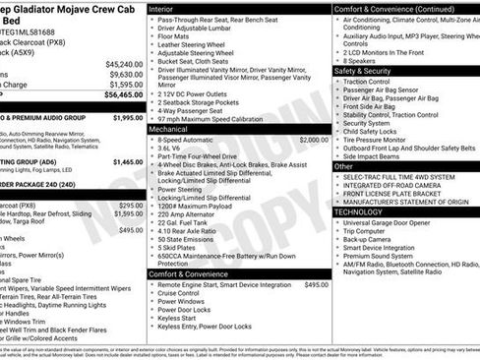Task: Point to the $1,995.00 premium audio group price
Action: (127, 117)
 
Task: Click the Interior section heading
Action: (160, 7)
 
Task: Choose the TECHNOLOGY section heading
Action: (358, 211)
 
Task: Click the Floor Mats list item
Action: (175, 35)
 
